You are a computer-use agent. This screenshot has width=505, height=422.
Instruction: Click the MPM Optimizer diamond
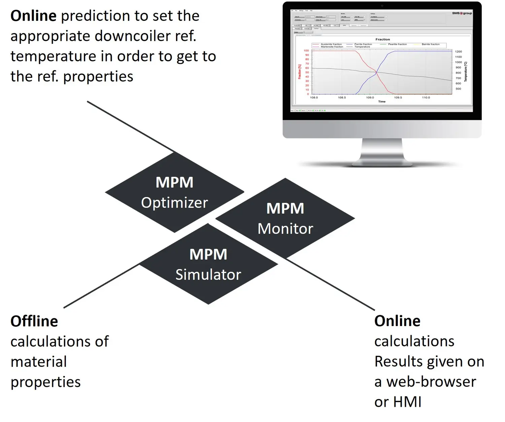(x=174, y=192)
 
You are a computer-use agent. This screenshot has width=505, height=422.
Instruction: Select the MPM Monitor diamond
(x=285, y=218)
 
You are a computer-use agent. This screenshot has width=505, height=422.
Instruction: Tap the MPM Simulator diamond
(x=208, y=264)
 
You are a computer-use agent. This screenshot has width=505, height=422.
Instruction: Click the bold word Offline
(x=34, y=321)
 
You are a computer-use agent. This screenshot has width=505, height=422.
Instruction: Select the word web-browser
(x=431, y=382)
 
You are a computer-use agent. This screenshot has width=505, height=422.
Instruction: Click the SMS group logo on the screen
(x=462, y=13)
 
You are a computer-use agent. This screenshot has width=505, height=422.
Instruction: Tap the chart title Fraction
(x=382, y=39)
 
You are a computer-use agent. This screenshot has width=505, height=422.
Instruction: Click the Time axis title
(x=382, y=101)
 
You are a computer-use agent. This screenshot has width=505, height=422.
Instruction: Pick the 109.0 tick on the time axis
(x=370, y=97)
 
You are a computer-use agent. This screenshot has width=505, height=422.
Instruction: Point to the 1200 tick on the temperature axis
(x=458, y=52)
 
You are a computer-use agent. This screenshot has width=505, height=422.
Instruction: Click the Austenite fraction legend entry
(x=331, y=44)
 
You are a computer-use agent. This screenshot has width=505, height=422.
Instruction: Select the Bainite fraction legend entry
(x=431, y=44)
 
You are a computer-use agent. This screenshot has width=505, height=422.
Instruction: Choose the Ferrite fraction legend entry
(x=363, y=44)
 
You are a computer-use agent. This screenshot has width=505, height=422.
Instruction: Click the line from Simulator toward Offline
(x=101, y=286)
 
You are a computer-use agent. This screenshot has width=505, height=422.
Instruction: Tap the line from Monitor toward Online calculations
(x=330, y=284)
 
